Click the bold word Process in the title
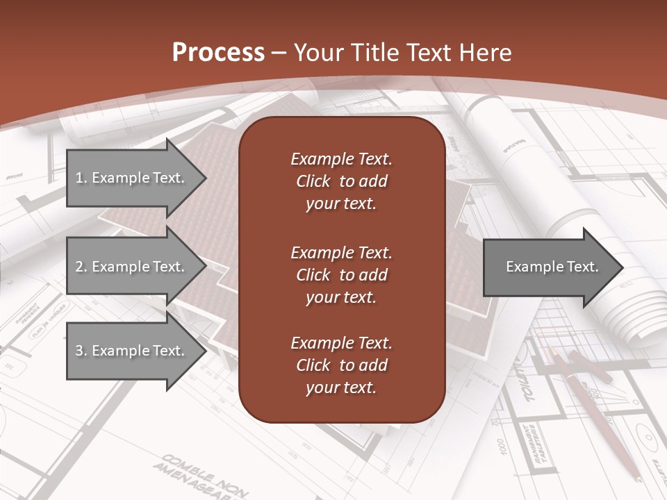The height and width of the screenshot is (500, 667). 218,53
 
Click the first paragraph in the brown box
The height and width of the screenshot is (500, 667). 341,181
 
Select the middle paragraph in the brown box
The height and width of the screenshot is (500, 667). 341,275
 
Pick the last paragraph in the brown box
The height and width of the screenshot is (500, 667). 341,365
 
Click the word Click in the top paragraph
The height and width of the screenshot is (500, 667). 313,181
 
